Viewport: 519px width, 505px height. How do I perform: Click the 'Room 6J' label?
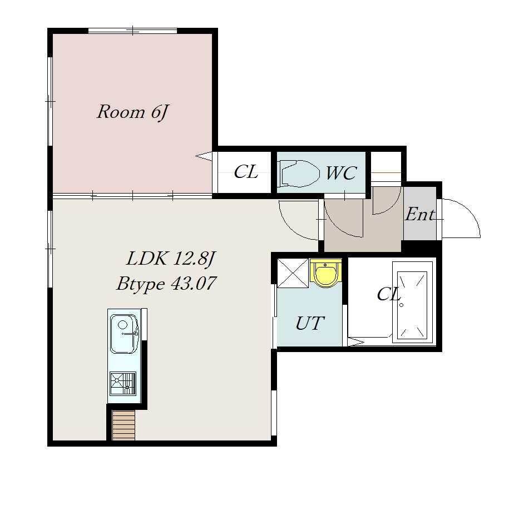132,112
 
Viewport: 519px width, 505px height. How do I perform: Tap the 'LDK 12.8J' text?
171,259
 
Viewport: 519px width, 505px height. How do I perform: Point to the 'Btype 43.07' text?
166,284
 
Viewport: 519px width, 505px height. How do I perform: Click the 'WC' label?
341,172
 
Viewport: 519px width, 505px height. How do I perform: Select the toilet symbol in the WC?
299,173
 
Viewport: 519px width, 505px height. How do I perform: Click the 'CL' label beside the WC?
246,172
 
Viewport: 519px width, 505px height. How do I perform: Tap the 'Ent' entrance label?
419,214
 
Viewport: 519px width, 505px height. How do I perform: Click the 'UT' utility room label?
310,323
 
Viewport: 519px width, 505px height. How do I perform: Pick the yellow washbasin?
326,273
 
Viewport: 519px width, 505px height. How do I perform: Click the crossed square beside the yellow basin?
293,273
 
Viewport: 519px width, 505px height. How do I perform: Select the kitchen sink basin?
124,333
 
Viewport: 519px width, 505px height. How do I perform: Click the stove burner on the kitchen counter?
123,383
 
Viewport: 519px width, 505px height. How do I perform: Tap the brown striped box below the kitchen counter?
123,425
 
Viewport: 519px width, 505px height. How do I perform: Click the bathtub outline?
412,302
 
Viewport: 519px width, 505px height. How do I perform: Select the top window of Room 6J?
132,31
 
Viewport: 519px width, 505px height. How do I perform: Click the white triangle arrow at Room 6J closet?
204,156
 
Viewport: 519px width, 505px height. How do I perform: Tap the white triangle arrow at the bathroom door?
355,342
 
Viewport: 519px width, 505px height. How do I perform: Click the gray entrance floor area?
419,213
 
